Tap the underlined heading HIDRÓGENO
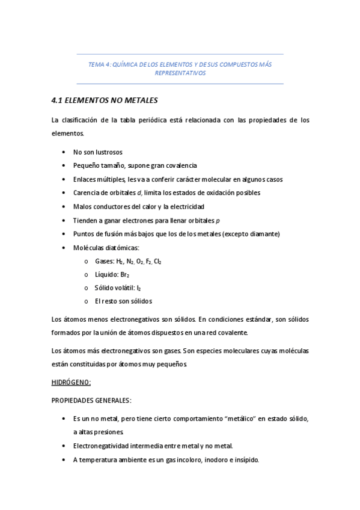click(71, 382)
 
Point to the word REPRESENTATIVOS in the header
click(180, 73)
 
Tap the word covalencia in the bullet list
click(180, 165)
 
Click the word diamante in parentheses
click(264, 233)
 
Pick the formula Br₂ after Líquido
click(124, 274)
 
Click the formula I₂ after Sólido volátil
click(139, 287)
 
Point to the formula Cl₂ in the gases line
click(157, 261)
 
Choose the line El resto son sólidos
click(123, 301)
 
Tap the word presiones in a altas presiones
click(111, 432)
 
